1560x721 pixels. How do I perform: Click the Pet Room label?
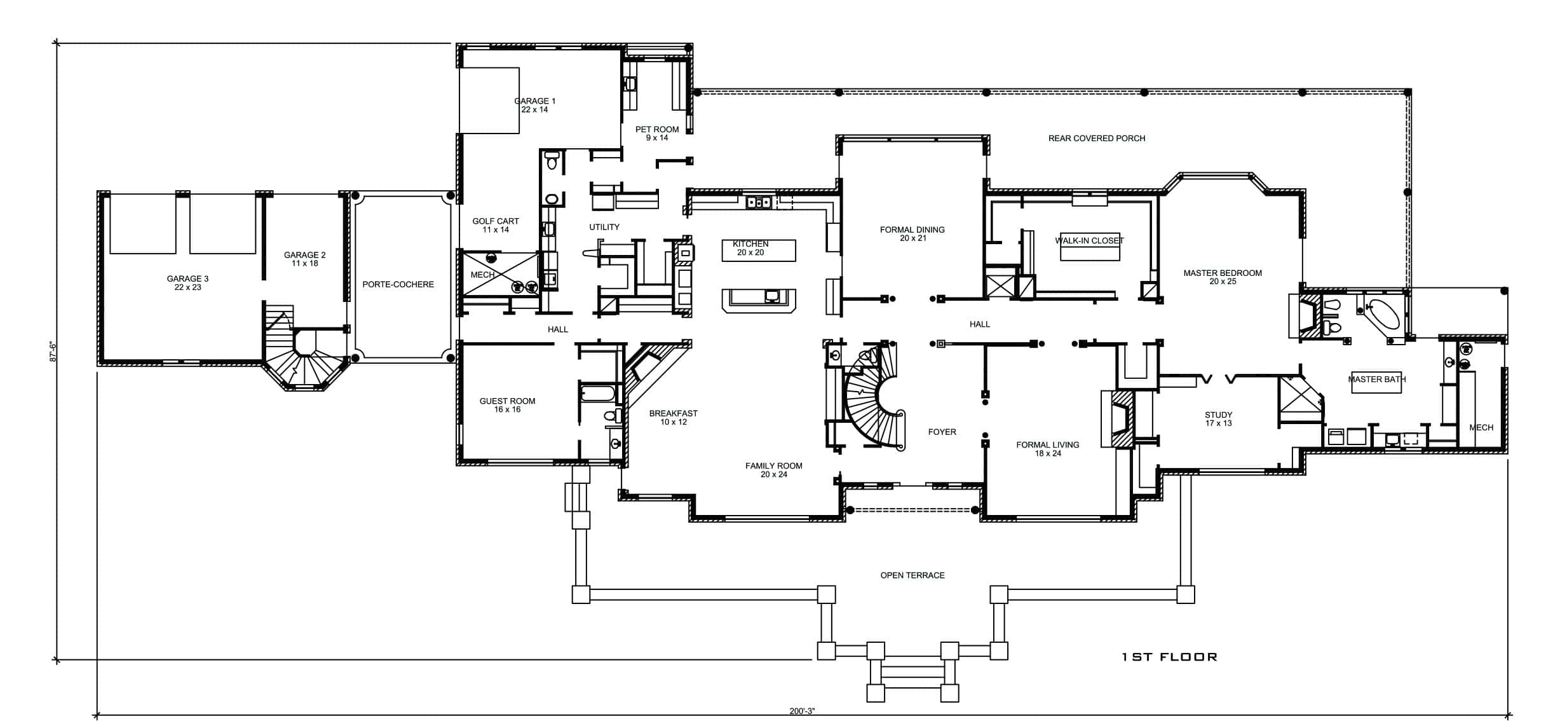(657, 134)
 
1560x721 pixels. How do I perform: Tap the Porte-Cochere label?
(398, 284)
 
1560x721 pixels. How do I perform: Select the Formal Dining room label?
(912, 234)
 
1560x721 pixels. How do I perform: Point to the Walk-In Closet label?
(1089, 240)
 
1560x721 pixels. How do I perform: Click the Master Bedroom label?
(1223, 277)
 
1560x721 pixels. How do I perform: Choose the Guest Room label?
(507, 405)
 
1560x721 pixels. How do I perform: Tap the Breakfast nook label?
(674, 418)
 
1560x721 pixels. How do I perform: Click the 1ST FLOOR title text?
(1169, 657)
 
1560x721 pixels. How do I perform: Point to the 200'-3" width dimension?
(802, 711)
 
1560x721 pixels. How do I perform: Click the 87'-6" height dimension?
(53, 352)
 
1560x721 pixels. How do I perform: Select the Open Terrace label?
(912, 575)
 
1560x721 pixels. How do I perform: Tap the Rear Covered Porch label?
(1097, 138)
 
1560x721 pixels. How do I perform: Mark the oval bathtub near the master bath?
(1383, 314)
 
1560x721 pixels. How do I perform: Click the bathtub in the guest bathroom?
(598, 394)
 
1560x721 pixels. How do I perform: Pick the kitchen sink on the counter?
(759, 202)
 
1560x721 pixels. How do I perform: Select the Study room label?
(1218, 419)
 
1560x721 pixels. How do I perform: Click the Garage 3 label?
(187, 283)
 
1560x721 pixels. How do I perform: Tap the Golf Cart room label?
(496, 226)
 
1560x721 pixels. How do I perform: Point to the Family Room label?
(774, 470)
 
